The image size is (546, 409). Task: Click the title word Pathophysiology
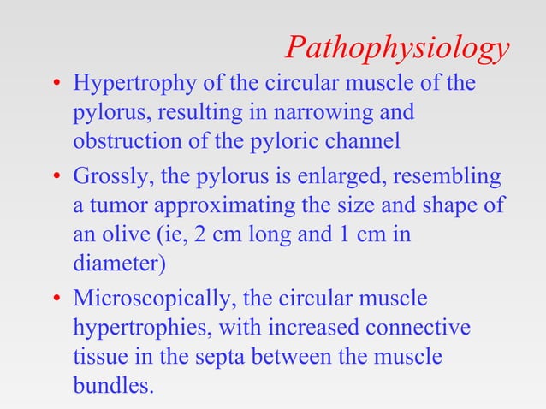[x=398, y=49]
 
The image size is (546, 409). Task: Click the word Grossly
[x=107, y=180]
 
